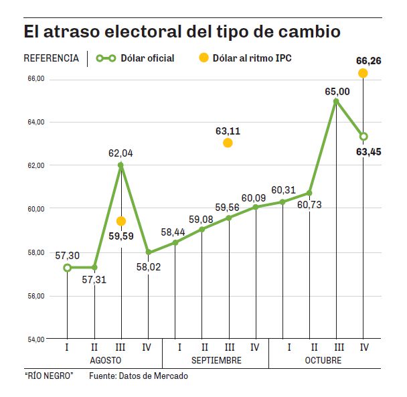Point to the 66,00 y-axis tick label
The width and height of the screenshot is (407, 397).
point(35,79)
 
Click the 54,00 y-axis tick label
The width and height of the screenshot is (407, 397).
point(35,339)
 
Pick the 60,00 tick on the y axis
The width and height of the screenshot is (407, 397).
point(35,209)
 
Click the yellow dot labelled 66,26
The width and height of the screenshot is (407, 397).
point(363,73)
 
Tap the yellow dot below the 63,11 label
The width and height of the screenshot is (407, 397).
point(228,143)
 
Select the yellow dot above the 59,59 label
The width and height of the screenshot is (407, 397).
point(121,221)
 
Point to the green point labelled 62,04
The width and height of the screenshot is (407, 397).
point(120,165)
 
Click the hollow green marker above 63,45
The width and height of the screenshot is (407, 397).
point(363,137)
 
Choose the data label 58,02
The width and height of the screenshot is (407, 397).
point(148,266)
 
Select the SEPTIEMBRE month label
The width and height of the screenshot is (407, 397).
point(216,360)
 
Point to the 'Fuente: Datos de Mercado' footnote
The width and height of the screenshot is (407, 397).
point(139,376)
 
